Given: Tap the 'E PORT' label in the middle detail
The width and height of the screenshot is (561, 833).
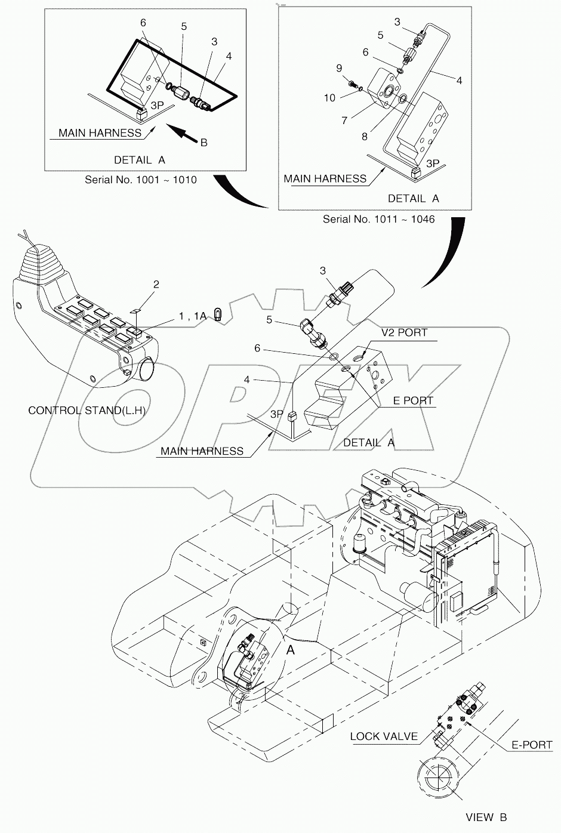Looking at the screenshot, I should click(x=412, y=400).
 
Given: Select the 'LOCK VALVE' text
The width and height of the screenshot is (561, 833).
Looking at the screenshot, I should click(x=384, y=736).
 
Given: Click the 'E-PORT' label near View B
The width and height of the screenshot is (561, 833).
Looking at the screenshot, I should click(x=532, y=745).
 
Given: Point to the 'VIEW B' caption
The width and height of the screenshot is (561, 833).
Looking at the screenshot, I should click(x=487, y=817).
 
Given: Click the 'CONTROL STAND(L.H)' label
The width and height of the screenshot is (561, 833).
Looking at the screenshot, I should click(x=87, y=411).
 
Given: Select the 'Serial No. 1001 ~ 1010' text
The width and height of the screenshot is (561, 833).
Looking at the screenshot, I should click(x=140, y=179).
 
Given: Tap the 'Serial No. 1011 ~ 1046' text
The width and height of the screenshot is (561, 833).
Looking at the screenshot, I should click(x=378, y=219).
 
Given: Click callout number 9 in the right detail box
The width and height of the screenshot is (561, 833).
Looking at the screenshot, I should click(x=338, y=67).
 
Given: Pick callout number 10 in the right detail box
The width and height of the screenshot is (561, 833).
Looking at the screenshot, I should click(x=330, y=97).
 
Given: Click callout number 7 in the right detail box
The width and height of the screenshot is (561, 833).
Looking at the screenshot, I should click(x=344, y=121).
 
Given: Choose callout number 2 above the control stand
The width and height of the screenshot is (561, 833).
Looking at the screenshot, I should click(x=156, y=285).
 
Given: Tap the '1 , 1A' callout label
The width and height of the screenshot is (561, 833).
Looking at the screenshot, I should click(x=192, y=317).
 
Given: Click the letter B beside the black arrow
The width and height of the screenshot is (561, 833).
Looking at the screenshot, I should click(x=204, y=143).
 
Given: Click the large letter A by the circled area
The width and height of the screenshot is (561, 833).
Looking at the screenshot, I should click(x=290, y=650).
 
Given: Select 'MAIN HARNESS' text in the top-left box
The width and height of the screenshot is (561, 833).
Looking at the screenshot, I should click(x=100, y=133).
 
